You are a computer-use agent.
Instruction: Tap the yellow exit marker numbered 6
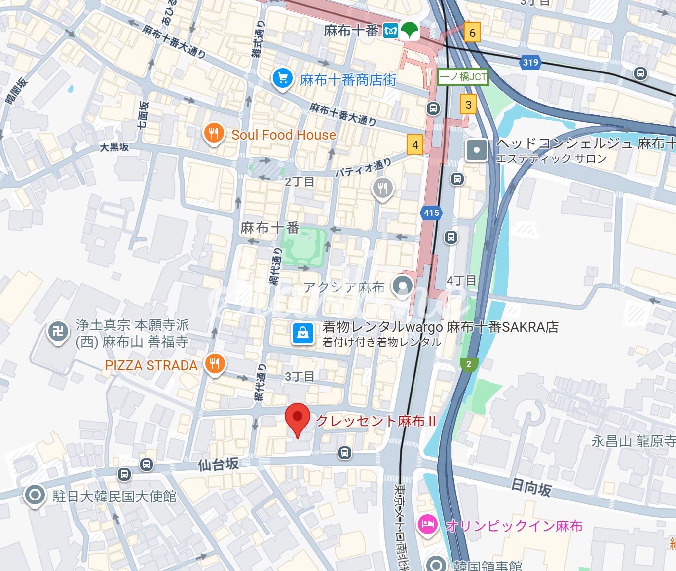tap(472, 33)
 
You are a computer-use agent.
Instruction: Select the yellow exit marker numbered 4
tap(415, 145)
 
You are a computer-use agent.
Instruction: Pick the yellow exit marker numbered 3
tap(468, 105)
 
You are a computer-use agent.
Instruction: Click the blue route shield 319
tap(530, 62)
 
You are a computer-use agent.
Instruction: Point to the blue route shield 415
tap(431, 213)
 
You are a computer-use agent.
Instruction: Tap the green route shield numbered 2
tap(468, 364)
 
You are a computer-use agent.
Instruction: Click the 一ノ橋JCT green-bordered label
tap(463, 77)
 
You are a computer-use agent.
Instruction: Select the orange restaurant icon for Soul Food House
tap(214, 133)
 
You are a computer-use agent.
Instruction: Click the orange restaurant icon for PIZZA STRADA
tap(215, 364)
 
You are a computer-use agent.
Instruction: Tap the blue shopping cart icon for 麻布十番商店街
tap(282, 78)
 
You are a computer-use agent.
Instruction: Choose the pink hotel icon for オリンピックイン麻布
tap(427, 524)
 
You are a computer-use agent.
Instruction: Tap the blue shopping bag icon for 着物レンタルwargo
tap(303, 333)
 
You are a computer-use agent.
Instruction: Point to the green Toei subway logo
tap(409, 31)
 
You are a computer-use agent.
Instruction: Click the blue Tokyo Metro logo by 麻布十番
tap(391, 31)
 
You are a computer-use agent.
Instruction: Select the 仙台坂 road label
tap(218, 464)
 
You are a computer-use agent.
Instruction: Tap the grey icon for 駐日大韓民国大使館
tap(35, 495)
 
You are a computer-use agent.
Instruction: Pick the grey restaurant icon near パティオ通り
tap(382, 188)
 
